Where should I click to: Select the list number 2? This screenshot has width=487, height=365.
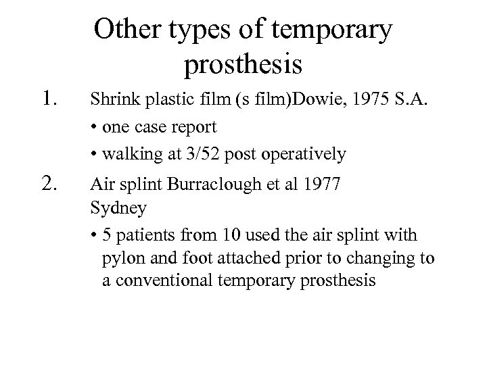[x=54, y=181]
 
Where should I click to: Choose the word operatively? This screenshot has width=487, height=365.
[x=305, y=155]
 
